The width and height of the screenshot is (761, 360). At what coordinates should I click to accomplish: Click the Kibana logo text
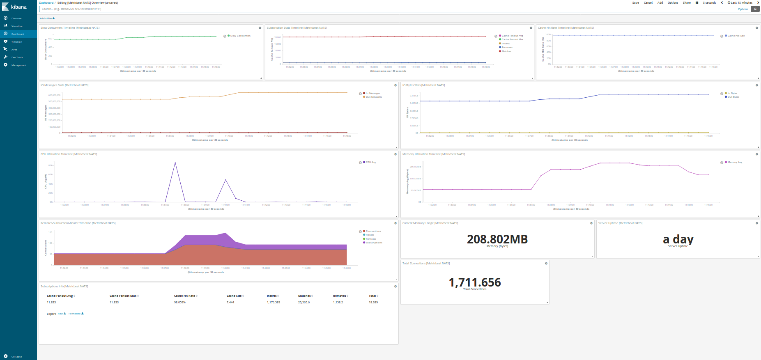(x=18, y=7)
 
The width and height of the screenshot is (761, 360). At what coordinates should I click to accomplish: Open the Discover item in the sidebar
(x=16, y=18)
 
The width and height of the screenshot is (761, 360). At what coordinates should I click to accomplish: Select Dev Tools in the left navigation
(x=17, y=57)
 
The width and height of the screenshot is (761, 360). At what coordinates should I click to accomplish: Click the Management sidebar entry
(x=18, y=65)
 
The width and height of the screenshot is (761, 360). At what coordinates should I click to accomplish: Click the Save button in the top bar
(x=635, y=3)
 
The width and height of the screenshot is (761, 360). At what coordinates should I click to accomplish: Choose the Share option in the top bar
(x=686, y=3)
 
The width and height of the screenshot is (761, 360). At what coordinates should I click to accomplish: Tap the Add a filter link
(x=47, y=18)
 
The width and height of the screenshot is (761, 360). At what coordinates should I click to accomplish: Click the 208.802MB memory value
(x=497, y=239)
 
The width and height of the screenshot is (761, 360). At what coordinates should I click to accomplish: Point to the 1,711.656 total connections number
(x=474, y=282)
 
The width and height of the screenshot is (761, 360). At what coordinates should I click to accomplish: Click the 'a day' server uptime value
(x=678, y=239)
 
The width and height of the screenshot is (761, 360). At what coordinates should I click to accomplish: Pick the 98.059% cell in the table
(x=179, y=302)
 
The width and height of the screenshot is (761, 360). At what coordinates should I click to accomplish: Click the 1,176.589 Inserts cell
(x=273, y=302)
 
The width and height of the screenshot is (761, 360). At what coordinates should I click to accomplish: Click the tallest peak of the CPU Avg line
(x=175, y=163)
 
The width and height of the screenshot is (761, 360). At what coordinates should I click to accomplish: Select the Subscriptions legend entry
(x=374, y=243)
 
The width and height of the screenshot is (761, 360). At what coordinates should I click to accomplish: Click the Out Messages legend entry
(x=373, y=97)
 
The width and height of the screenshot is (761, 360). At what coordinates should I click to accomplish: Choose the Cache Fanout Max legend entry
(x=512, y=39)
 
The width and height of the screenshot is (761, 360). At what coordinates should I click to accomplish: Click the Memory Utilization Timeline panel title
(x=433, y=154)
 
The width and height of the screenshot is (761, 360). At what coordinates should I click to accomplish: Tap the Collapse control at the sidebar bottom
(x=16, y=357)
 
